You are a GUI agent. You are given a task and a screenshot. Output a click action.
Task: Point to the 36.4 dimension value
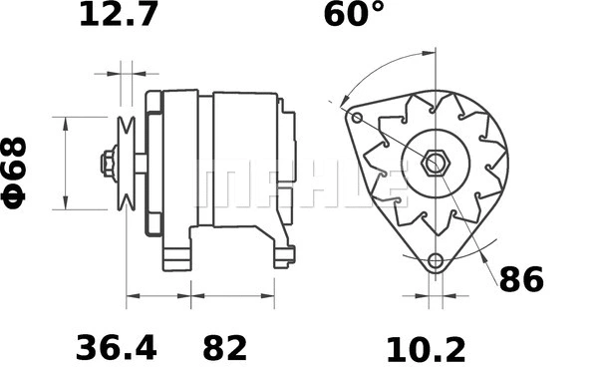point(117,348)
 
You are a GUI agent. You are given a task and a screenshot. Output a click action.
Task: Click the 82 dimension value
point(225,348)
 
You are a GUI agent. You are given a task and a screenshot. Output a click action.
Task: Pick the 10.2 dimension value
point(426,348)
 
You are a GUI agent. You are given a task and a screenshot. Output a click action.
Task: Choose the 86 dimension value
point(521,280)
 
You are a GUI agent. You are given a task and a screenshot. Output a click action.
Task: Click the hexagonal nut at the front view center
point(435,163)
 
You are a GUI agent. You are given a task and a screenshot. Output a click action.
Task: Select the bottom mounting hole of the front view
point(435,261)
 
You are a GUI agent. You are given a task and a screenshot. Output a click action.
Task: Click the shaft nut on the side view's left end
point(106,163)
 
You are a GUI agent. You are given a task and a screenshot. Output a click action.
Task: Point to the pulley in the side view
point(126,163)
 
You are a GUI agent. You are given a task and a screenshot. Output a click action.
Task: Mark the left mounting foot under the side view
point(178,254)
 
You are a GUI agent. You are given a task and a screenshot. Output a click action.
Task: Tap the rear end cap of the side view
point(287,165)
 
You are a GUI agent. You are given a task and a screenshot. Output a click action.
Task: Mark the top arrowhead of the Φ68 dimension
point(67,122)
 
